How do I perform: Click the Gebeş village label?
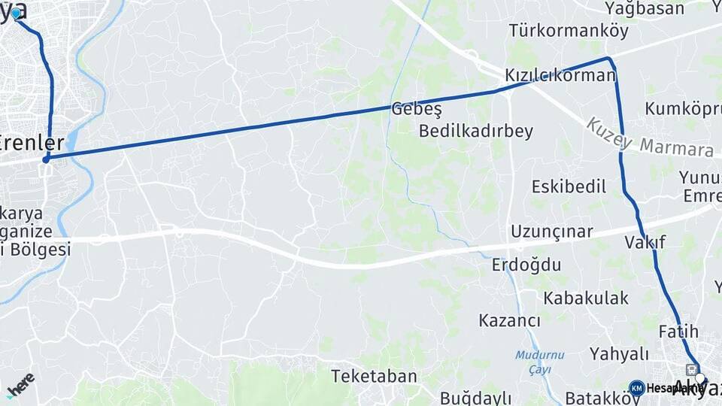point(415,109)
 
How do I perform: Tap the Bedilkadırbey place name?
point(475,132)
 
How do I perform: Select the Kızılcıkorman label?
point(560,76)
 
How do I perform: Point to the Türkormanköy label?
point(557,31)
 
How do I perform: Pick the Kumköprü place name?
point(682,108)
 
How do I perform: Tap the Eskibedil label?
point(569,186)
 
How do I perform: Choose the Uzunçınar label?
point(552,232)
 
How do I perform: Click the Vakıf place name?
point(645,242)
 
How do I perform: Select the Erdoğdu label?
point(526,265)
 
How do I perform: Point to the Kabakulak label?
point(586,298)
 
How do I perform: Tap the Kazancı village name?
point(509,321)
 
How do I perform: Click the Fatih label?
point(678,332)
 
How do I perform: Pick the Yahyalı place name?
point(618,354)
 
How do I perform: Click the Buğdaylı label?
point(475,398)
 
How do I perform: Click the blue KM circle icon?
point(636,388)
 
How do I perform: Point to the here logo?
point(20,383)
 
